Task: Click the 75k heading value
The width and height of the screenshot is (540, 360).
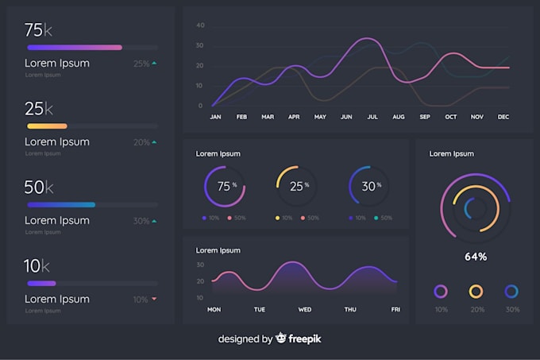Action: (39, 30)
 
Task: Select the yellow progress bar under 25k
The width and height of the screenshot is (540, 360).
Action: (47, 126)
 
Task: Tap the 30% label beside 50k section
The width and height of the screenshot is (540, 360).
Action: (141, 221)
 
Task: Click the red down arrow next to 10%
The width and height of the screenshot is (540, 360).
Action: (154, 300)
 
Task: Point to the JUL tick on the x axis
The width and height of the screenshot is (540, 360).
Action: (372, 117)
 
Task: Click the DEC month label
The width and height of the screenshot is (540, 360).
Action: (503, 117)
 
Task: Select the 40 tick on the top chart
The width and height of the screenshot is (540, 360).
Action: (200, 25)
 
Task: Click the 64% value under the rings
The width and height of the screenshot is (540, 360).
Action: (475, 257)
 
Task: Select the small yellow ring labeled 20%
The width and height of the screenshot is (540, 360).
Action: (476, 291)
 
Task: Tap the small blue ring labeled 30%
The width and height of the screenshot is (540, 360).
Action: (511, 291)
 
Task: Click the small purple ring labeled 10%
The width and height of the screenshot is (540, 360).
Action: (440, 291)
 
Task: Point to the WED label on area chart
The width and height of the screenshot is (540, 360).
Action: (304, 309)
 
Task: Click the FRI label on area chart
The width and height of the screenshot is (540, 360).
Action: (395, 309)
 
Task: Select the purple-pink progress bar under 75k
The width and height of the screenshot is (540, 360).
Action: (75, 48)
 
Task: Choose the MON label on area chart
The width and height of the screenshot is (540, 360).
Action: (214, 309)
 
